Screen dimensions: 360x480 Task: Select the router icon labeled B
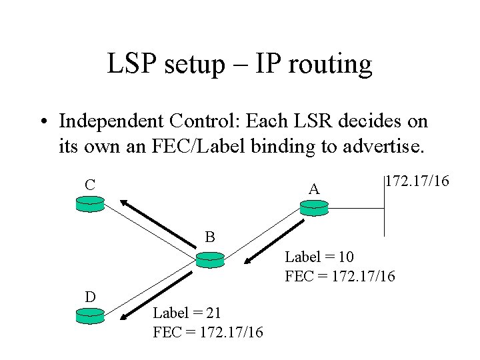click(x=210, y=259)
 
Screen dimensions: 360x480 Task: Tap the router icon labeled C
click(x=90, y=205)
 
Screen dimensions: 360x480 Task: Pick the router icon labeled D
click(x=91, y=316)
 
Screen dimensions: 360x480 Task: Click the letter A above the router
click(x=314, y=189)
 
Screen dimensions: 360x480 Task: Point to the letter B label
click(x=210, y=237)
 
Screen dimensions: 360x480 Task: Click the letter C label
click(x=89, y=184)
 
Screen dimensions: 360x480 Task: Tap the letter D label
click(x=89, y=296)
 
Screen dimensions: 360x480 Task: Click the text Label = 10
click(x=319, y=257)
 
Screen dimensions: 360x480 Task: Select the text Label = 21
click(x=187, y=312)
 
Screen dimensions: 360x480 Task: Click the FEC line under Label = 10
click(x=340, y=275)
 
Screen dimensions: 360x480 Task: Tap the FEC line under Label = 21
click(x=208, y=331)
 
